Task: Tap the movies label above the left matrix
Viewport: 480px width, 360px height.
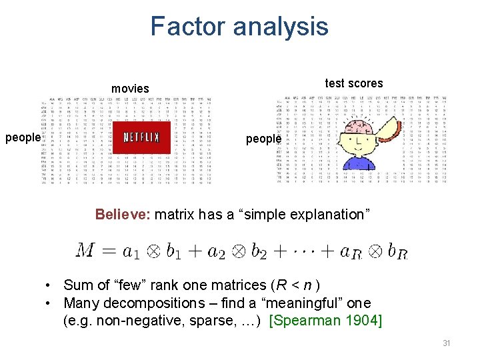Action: coord(130,89)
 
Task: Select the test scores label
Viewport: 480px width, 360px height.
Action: coord(354,83)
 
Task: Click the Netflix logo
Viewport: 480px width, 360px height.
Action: coord(141,138)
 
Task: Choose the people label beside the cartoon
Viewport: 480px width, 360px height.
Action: coord(263,139)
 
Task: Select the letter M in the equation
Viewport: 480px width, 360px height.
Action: coord(85,251)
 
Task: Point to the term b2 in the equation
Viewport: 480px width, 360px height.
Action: coord(258,253)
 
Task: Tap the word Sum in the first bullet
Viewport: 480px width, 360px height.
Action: coord(77,285)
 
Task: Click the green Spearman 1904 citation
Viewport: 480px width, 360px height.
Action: coord(325,321)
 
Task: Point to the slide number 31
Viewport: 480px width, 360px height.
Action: coord(446,343)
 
